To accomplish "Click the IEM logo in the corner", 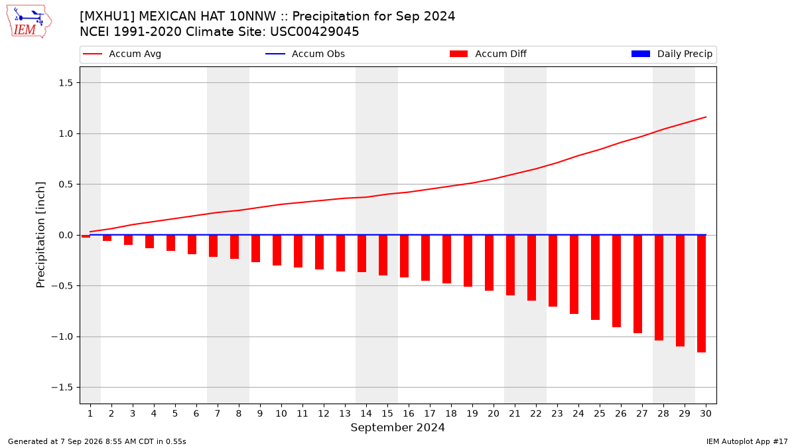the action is (29, 22).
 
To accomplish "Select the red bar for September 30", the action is (702, 293).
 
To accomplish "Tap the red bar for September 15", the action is (383, 256).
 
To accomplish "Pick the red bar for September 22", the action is (531, 268).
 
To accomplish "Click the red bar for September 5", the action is (171, 243).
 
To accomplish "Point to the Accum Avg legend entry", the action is (122, 54).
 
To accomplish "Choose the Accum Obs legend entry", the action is (305, 54).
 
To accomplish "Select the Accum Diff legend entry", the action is (488, 54).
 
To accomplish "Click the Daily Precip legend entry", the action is (671, 54).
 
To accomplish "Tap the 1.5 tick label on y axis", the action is (66, 83).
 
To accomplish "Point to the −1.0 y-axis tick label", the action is (62, 336).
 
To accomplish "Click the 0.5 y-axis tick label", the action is (66, 185).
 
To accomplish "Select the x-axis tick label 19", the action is (472, 413).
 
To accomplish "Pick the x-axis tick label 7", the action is (218, 413).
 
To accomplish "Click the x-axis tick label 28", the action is (663, 413).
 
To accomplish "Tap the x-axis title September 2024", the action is (397, 427).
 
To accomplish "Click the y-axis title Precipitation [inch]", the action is (40, 235).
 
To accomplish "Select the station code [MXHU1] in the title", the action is (107, 17).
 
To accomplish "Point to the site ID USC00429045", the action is (314, 32).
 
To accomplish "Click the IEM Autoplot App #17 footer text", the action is (747, 441).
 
